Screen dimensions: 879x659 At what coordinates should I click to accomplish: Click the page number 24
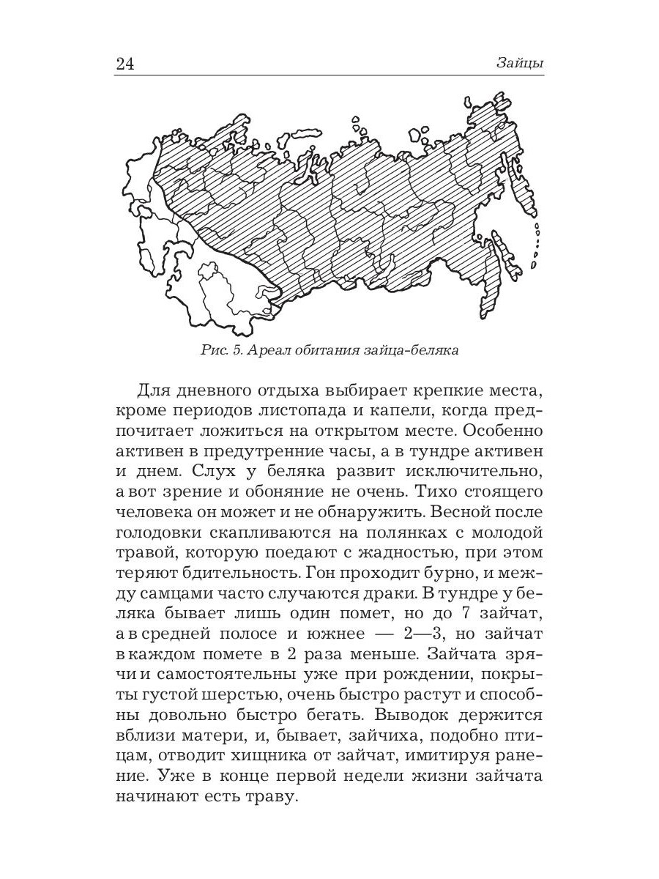coord(125,64)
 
